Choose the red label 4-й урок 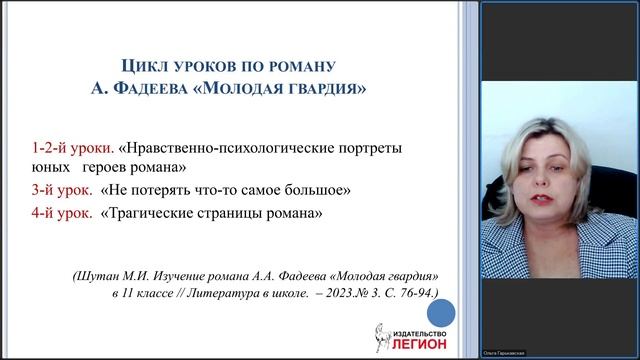point(58,212)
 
